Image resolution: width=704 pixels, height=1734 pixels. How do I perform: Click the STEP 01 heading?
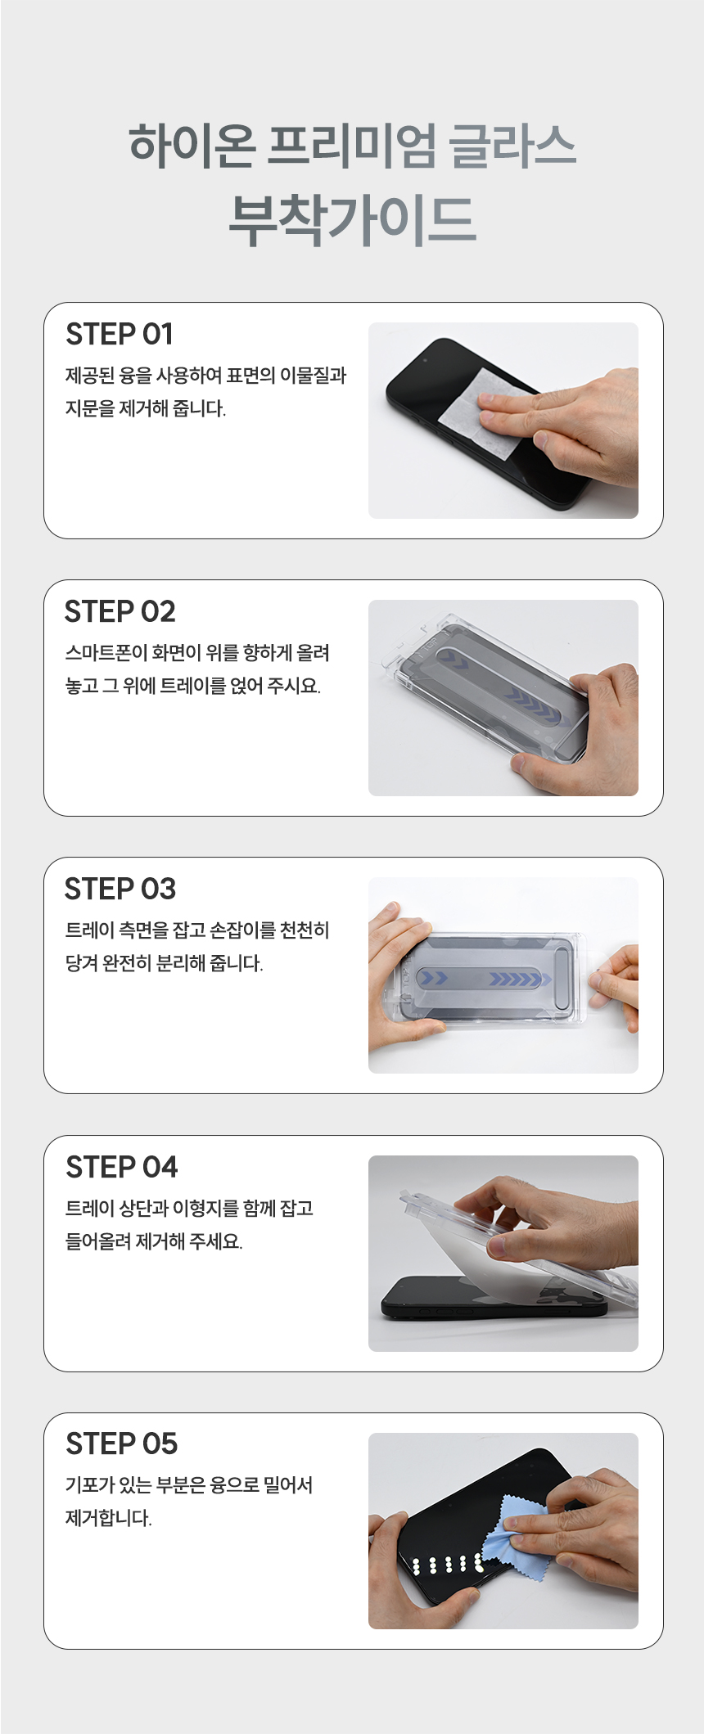click(120, 335)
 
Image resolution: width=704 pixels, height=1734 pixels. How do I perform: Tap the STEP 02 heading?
click(120, 612)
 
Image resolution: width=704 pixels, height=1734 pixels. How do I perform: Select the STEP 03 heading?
click(120, 890)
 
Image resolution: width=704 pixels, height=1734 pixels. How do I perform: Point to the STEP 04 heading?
click(121, 1168)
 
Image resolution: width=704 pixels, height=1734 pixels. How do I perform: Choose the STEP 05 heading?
click(121, 1444)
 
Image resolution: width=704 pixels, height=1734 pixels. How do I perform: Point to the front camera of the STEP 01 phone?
click(425, 359)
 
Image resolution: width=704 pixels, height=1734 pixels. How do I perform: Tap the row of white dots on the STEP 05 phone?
click(449, 1565)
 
